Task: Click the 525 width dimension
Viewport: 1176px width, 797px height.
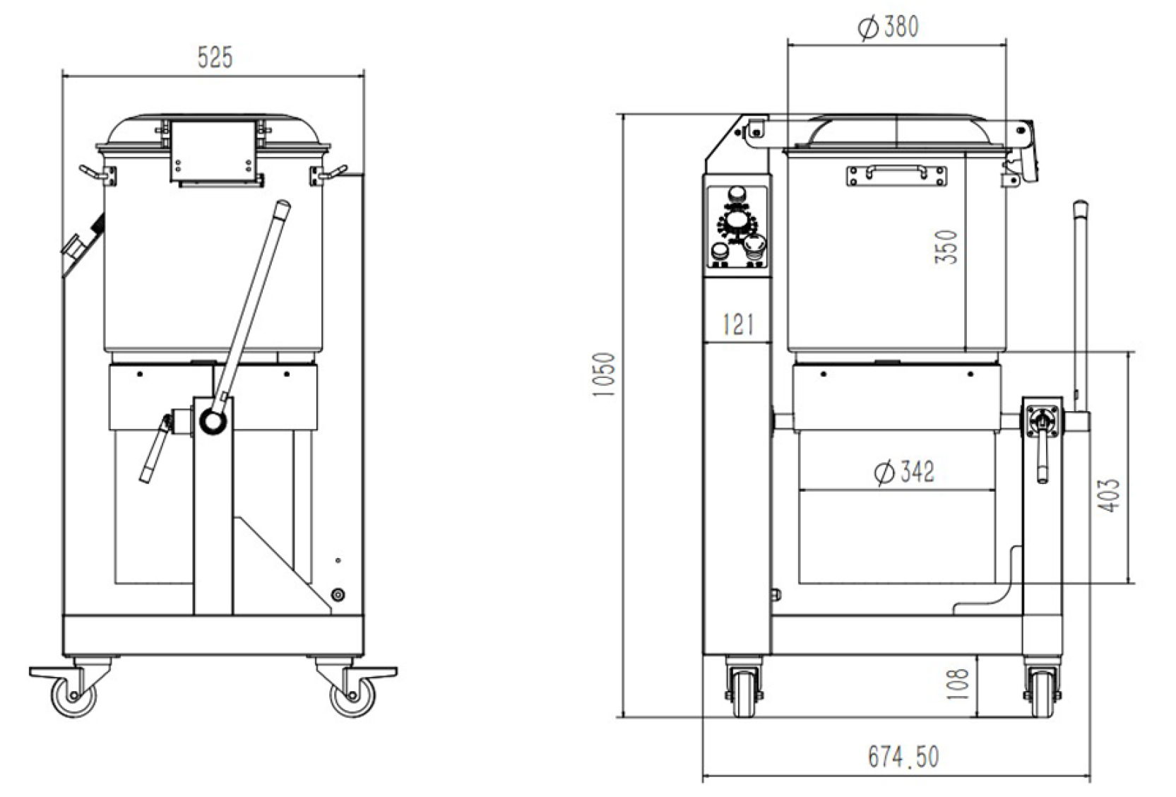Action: click(215, 57)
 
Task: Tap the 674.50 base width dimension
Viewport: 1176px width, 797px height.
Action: click(903, 757)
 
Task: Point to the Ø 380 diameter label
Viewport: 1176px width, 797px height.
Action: click(889, 27)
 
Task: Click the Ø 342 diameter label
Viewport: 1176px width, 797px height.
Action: click(904, 471)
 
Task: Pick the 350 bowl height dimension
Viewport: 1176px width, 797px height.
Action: click(946, 247)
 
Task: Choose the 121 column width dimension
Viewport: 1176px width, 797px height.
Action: click(738, 324)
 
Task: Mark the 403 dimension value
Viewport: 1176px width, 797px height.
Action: click(1109, 495)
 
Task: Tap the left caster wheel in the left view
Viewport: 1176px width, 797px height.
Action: click(74, 696)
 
